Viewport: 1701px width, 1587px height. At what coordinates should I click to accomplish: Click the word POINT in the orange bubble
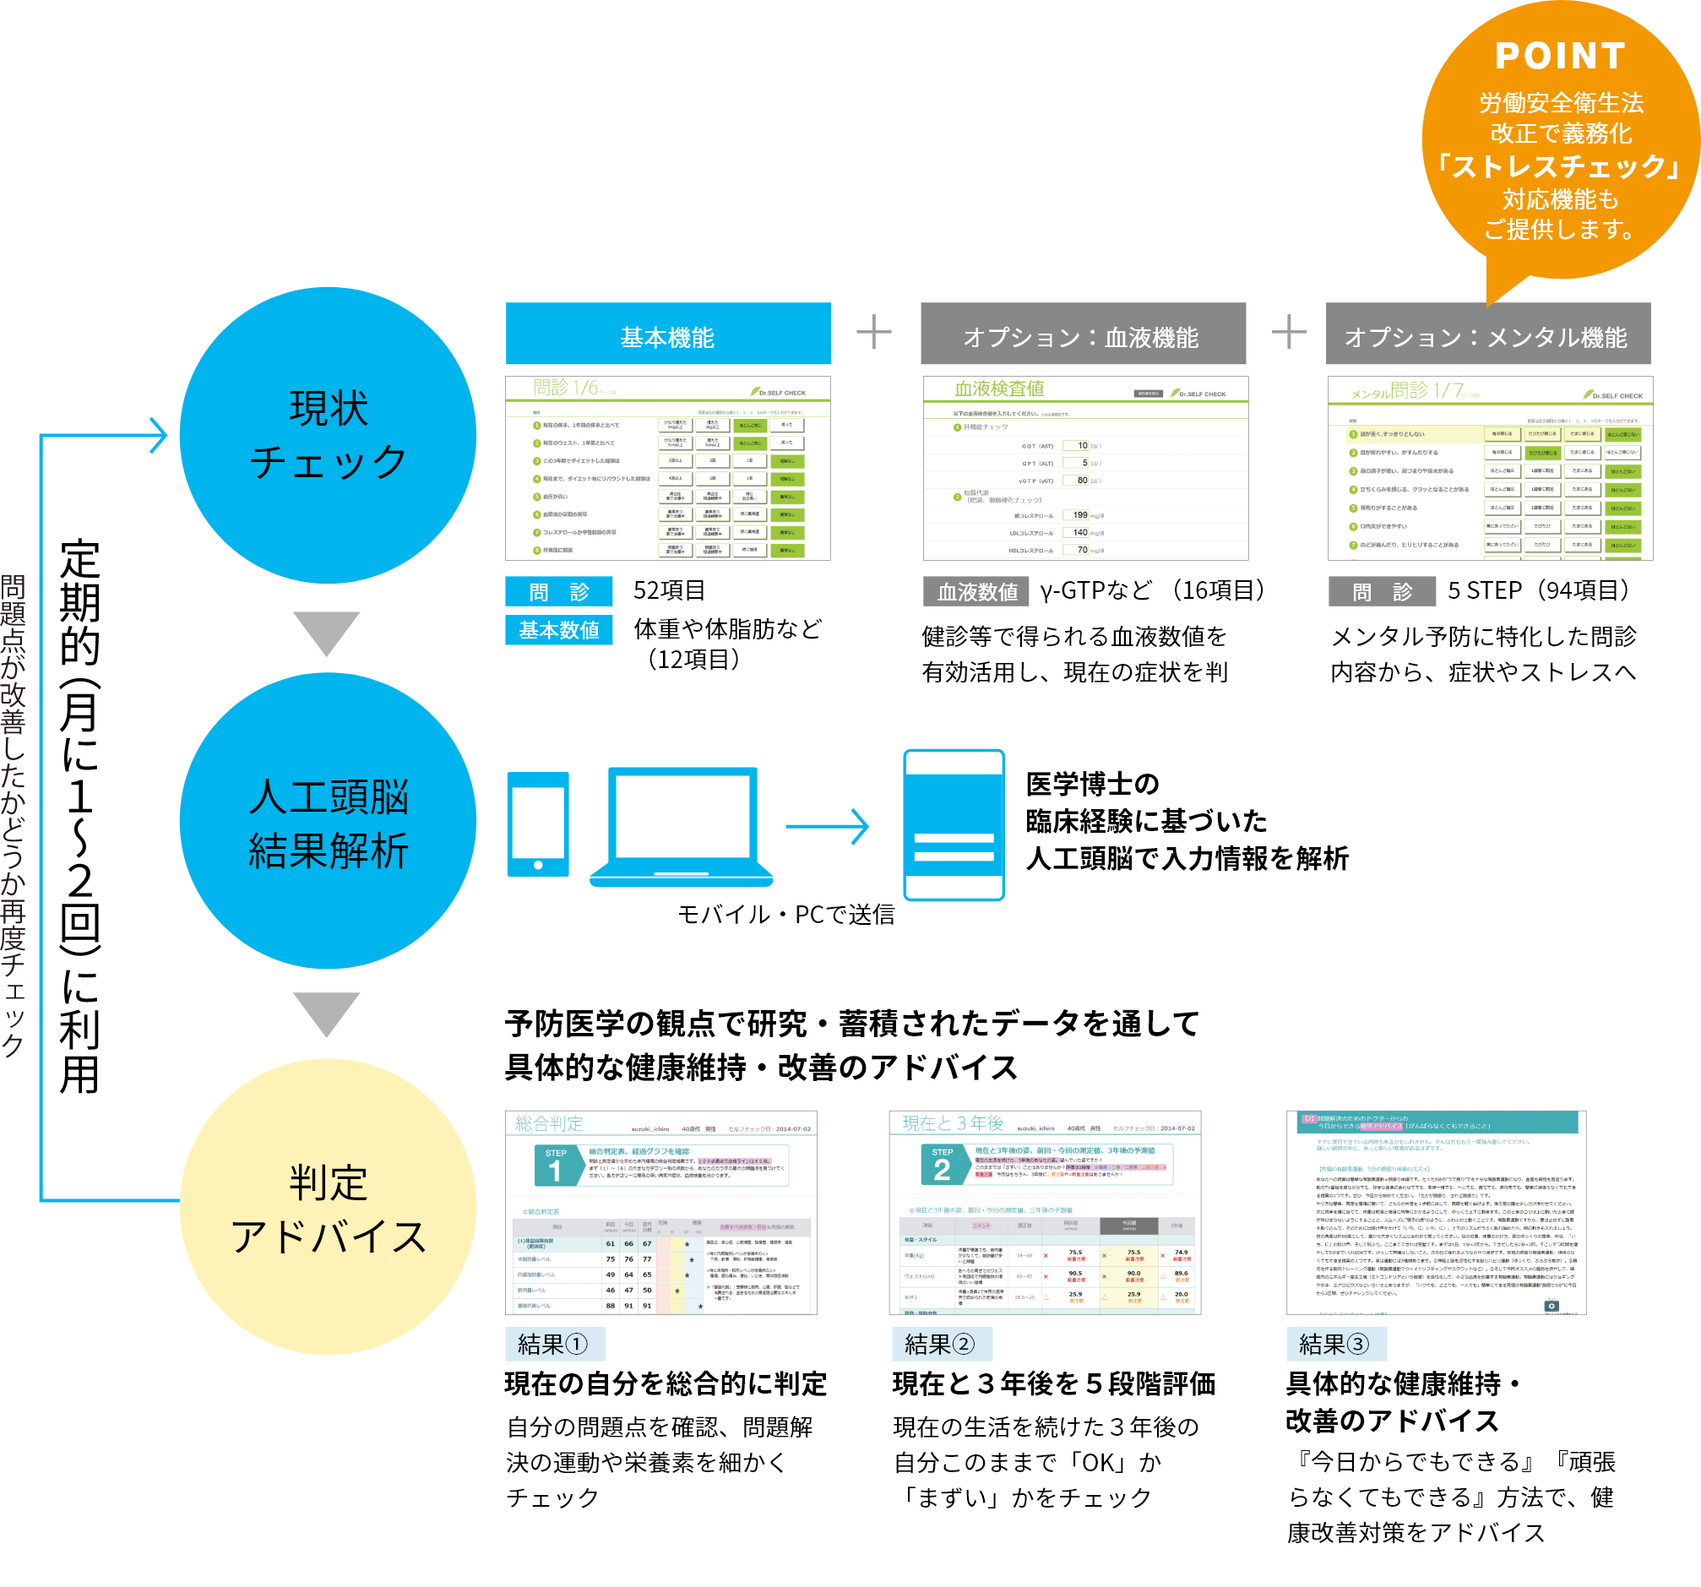point(1560,57)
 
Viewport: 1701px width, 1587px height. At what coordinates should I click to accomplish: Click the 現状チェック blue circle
point(328,435)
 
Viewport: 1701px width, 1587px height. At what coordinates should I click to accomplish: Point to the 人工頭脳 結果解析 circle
point(328,821)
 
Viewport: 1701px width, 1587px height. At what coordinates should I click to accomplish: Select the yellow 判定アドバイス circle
point(328,1207)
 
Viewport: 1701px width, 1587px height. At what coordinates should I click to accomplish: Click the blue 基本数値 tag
point(559,630)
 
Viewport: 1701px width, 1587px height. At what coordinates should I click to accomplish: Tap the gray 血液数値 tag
point(976,591)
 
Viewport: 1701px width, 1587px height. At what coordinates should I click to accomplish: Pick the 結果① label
point(554,1344)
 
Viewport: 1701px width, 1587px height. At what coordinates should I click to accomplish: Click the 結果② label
point(941,1344)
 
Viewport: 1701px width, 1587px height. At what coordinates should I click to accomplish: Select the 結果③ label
point(1335,1344)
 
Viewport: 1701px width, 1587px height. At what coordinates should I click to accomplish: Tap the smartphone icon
point(537,823)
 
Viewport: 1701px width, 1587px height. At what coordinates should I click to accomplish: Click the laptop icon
point(682,826)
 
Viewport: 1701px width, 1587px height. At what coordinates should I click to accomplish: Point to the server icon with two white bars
point(954,824)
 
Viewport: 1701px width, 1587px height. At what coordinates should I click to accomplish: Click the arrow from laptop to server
point(827,826)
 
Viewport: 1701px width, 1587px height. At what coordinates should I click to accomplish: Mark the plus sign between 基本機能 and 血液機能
point(873,332)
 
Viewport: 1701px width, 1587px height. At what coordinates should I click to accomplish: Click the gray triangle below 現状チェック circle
point(326,632)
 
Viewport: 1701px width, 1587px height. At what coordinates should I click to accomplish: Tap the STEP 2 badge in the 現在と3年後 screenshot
point(942,1165)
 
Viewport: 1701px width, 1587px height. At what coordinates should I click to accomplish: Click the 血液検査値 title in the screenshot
point(999,389)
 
